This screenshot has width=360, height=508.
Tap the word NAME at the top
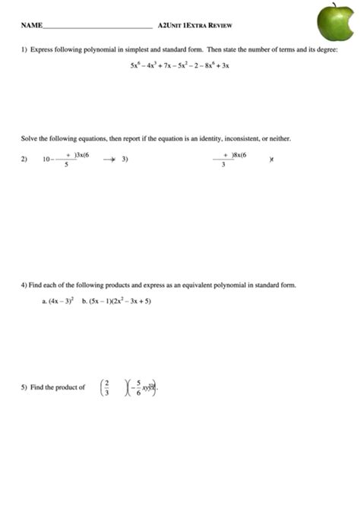click(31, 26)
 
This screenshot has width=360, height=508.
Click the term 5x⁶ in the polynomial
click(135, 66)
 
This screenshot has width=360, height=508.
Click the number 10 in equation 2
click(47, 159)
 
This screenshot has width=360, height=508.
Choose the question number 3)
click(125, 159)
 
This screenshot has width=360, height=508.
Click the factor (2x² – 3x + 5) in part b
click(131, 301)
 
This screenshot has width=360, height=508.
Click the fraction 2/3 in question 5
click(107, 387)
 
